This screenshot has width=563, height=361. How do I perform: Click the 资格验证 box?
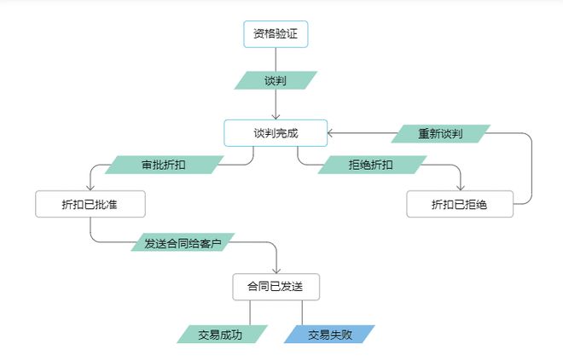(x=276, y=34)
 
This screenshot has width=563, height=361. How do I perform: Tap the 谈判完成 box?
(x=276, y=133)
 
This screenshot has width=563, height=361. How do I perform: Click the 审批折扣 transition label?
(x=162, y=164)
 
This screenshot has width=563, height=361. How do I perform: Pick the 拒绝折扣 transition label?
(x=370, y=164)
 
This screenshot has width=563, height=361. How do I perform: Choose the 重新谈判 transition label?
(x=440, y=134)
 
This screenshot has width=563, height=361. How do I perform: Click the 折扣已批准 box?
(x=90, y=204)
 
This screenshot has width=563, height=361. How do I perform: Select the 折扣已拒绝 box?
(x=460, y=204)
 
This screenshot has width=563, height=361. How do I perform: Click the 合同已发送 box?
(x=276, y=286)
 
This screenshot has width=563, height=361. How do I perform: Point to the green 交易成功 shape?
(x=220, y=335)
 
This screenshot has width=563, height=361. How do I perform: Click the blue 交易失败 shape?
(x=329, y=335)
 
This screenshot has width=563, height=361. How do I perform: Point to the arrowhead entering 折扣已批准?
(x=90, y=187)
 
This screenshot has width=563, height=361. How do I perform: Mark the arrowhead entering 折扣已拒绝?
(x=461, y=187)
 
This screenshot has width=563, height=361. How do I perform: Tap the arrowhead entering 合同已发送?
(x=276, y=269)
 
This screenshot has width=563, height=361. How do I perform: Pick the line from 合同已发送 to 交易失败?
(x=302, y=312)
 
